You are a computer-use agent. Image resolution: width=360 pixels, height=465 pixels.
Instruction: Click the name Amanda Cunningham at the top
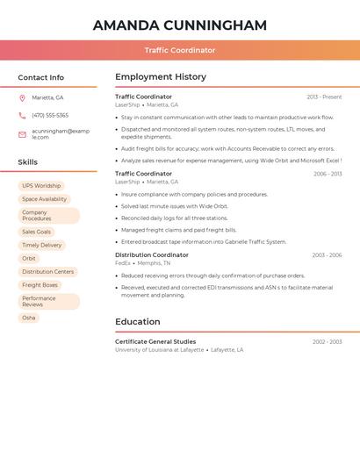coord(180,25)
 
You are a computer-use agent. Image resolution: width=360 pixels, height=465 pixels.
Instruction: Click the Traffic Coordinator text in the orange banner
coord(180,50)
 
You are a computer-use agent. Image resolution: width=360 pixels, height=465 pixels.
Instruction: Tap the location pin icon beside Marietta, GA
coord(22,97)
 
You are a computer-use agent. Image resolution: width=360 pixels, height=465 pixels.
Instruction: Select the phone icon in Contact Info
coord(22,115)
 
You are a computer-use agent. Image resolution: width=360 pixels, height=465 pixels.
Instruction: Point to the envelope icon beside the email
coord(22,134)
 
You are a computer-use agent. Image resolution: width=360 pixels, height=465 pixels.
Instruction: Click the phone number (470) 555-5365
coord(50,115)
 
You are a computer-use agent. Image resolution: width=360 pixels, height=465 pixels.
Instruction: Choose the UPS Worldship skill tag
coord(41,186)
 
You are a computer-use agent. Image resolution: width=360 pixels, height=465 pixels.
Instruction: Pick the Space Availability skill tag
coord(44,199)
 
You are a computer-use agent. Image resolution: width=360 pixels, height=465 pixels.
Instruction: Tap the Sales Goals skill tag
coord(36,232)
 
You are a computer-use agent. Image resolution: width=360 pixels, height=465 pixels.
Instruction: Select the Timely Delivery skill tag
coord(42,245)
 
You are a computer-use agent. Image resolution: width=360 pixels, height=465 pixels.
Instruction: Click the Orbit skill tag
coord(29,259)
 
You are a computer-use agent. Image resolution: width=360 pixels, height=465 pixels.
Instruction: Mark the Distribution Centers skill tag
coord(48,272)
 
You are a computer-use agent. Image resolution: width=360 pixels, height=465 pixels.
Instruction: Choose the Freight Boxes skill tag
coord(40,285)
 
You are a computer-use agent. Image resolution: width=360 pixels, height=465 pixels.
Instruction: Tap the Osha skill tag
coord(29,318)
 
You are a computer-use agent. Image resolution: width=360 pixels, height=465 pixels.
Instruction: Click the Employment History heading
coord(161,77)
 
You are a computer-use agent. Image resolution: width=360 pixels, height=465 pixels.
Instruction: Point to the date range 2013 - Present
coord(324,97)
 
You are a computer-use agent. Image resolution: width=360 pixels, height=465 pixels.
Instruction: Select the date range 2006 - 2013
coord(327,175)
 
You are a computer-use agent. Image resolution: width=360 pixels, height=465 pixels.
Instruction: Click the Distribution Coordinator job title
coord(152,255)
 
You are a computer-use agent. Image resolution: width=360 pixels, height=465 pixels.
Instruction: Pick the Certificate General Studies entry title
coord(155,341)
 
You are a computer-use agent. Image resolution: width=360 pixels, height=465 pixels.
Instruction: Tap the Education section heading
coord(138,322)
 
